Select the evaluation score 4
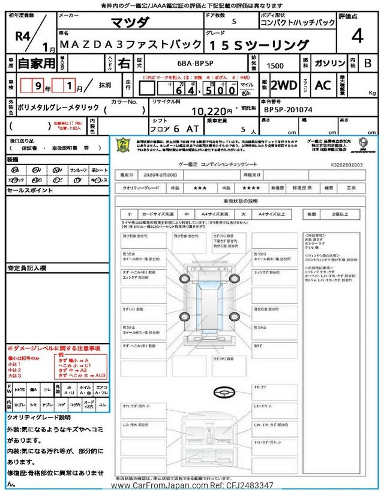pos(357,36)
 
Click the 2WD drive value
pos(284,85)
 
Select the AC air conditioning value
pos(322,85)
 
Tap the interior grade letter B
pos(368,63)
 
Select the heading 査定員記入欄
pos(26,268)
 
